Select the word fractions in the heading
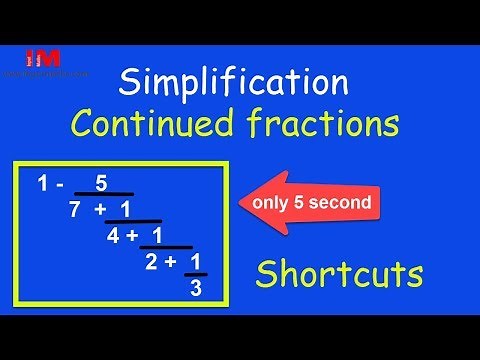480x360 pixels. (x=318, y=125)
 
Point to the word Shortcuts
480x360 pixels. (x=338, y=274)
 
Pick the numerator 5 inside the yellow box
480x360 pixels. (x=101, y=183)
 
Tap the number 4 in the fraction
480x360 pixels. (x=113, y=237)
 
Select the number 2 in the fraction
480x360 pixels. (x=152, y=263)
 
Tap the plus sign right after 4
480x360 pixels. (x=136, y=237)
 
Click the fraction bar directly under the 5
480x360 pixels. (x=103, y=195)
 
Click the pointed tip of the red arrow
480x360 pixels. (x=239, y=202)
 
